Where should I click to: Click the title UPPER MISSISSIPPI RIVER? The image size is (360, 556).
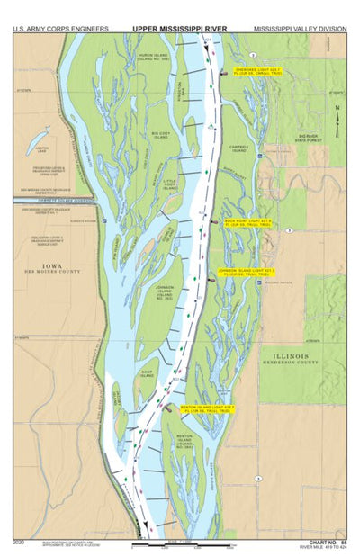[180, 29]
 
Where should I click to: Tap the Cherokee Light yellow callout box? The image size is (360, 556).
[258, 70]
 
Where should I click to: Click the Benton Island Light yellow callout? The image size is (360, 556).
[208, 408]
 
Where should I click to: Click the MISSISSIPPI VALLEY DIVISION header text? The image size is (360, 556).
[300, 29]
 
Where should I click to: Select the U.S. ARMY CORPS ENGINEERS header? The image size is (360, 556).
[61, 29]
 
